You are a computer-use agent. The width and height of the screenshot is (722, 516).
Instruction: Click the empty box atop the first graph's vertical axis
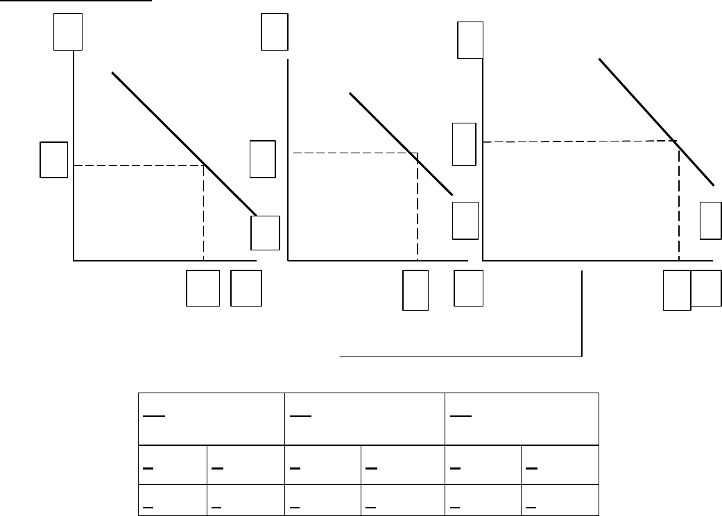click(x=68, y=32)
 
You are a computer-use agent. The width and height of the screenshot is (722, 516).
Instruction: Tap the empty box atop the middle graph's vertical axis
click(x=275, y=32)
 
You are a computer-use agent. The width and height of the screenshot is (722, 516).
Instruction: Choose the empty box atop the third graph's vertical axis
click(x=470, y=40)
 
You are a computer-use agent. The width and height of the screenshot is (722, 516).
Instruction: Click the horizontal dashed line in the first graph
click(x=139, y=165)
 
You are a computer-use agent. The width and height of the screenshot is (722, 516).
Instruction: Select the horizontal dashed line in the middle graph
click(x=354, y=153)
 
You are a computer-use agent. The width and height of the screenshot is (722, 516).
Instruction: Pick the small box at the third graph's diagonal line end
click(x=710, y=221)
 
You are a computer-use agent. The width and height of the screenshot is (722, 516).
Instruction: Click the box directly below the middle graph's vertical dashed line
click(x=415, y=289)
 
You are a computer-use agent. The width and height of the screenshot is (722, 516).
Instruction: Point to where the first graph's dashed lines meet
click(x=203, y=165)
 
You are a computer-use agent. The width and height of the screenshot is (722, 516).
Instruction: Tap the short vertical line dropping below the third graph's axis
click(x=581, y=312)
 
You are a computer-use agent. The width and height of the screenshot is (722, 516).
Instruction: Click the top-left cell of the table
click(x=212, y=419)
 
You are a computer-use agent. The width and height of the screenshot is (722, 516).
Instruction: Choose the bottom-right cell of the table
click(x=560, y=500)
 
